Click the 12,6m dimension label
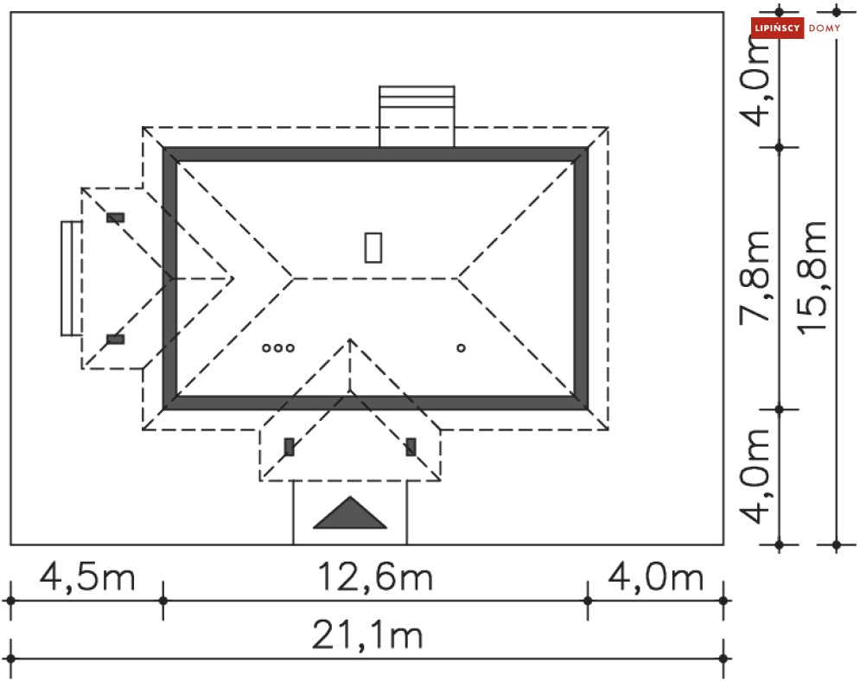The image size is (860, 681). coord(375,576)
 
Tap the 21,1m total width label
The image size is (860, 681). coord(367,635)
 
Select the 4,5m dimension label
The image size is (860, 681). coord(87,576)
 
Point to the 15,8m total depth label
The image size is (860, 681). coord(812,277)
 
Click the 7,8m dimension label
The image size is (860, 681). coord(755,277)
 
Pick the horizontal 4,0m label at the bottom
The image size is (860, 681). coord(656,576)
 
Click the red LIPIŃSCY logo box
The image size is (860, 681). coord(777,28)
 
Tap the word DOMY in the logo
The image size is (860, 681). coord(825,28)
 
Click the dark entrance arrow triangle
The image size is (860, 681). coord(350,513)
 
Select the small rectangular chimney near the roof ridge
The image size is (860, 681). coord(373,247)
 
